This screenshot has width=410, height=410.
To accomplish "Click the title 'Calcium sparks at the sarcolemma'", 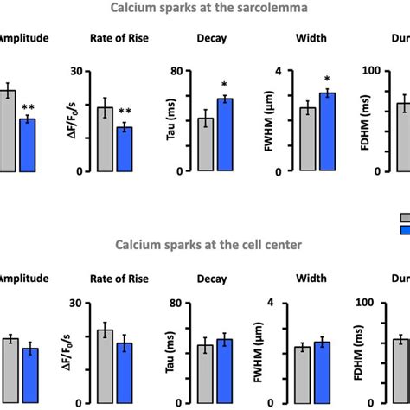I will click(204, 9).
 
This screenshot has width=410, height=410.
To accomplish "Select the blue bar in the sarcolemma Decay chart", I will click(225, 134).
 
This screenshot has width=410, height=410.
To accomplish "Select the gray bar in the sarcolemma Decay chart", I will click(206, 144).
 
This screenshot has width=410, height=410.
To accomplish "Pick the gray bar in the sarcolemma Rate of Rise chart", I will click(105, 138).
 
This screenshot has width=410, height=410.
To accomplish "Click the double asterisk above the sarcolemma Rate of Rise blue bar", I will click(125, 112).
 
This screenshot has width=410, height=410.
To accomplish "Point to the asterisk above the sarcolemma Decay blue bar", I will click(225, 85).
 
